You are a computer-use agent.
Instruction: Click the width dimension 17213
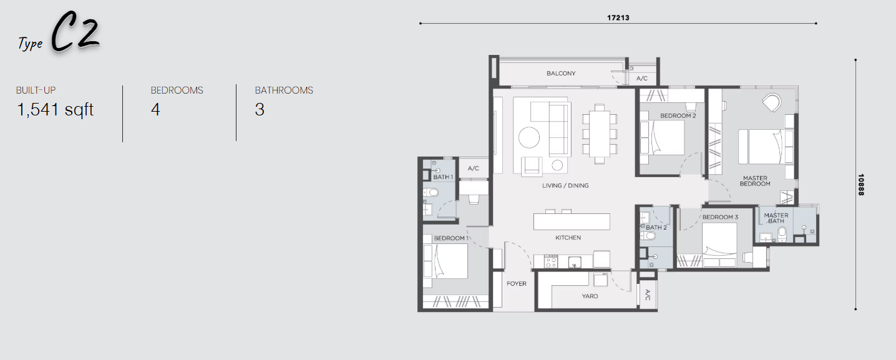click(x=618, y=17)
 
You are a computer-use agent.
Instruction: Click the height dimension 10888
click(x=861, y=185)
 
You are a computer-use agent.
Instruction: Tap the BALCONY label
click(x=561, y=73)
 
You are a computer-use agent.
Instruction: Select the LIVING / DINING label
click(x=565, y=185)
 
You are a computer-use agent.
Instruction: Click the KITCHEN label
click(x=568, y=238)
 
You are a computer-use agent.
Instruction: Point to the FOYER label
click(x=517, y=284)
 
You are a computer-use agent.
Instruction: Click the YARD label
click(x=590, y=296)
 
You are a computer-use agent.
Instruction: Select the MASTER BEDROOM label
click(x=755, y=181)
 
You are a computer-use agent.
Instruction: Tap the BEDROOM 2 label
click(x=678, y=115)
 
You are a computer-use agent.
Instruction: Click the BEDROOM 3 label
click(x=720, y=217)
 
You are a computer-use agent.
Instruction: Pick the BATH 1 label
click(x=443, y=177)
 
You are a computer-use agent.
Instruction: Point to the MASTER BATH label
click(x=776, y=218)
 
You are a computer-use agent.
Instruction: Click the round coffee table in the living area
click(x=528, y=138)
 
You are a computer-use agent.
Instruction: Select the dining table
click(x=599, y=134)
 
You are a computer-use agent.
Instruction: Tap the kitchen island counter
click(x=572, y=222)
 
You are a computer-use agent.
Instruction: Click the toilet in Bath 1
click(x=431, y=192)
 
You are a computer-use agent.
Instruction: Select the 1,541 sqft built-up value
click(x=55, y=110)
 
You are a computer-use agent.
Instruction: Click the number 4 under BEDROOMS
click(x=155, y=109)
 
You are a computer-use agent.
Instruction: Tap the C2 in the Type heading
click(x=75, y=33)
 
